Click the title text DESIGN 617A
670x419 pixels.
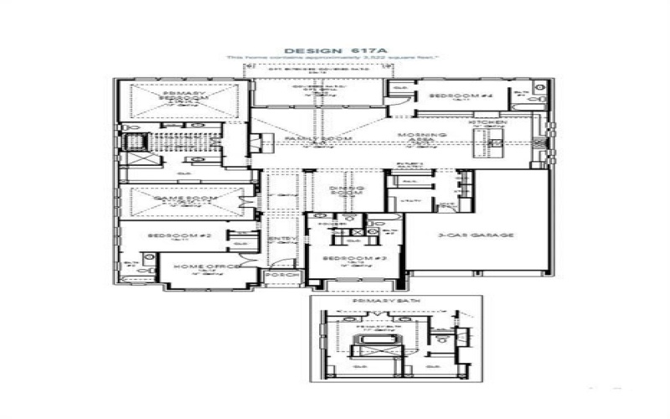334,50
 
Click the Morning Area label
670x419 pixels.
416,138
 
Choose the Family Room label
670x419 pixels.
307,138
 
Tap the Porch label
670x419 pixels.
276,274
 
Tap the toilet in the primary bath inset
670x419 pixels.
441,338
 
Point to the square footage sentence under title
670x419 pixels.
334,58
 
